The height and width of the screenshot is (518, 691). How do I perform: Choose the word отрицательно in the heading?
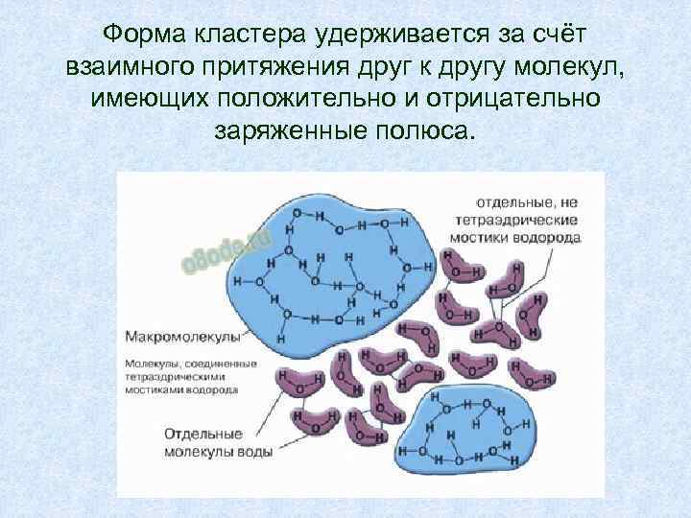click(x=523, y=98)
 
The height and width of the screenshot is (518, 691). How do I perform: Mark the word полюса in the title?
click(x=430, y=129)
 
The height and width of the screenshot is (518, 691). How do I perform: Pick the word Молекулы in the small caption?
click(x=151, y=363)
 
